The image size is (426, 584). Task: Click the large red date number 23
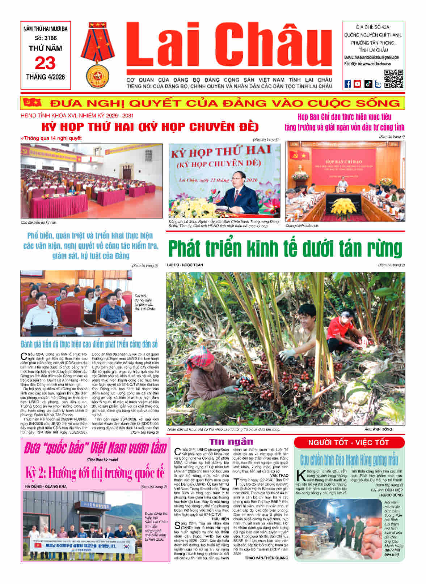tap(45, 63)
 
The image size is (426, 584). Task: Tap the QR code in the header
tap(393, 79)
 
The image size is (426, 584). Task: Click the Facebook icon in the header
tap(347, 84)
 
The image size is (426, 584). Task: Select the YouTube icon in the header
tap(358, 84)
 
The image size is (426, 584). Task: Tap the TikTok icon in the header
tap(368, 84)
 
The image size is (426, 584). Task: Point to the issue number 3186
tap(46, 38)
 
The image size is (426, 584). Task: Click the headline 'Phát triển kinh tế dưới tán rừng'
tap(285, 249)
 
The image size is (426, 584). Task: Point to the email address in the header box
tap(371, 57)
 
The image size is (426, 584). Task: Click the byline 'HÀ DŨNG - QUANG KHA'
tap(46, 486)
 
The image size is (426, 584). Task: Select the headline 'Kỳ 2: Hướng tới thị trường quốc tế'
tap(95, 473)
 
